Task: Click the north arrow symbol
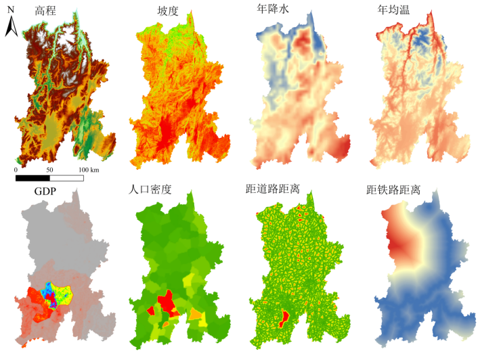click(x=12, y=26)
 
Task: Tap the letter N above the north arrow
click(x=10, y=9)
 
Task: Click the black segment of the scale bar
click(x=32, y=178)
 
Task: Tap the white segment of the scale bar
click(x=66, y=178)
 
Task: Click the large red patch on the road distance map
click(x=285, y=315)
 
